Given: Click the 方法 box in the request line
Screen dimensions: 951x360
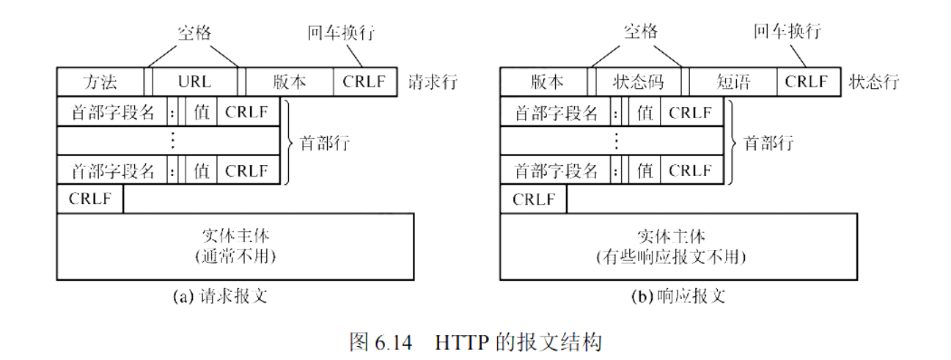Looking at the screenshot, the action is point(100,81).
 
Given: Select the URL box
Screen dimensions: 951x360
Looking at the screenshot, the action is point(194,81).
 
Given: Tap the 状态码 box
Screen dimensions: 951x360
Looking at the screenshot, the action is point(637,81).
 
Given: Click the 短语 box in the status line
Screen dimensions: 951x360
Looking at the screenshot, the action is point(732,81).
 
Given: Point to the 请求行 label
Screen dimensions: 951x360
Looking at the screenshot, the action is point(432,81).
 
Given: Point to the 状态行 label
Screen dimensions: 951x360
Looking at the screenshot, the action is point(873,81).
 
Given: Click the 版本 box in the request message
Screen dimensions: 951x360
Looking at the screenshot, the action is point(289,81).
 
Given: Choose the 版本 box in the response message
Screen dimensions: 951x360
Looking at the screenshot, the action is point(543,81).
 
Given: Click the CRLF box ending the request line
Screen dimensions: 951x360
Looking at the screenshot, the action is point(364,81).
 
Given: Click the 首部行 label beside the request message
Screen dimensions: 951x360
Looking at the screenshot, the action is point(325,142).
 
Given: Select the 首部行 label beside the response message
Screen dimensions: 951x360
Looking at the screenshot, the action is point(768,142).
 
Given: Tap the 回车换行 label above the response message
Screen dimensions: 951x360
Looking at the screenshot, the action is point(787,32).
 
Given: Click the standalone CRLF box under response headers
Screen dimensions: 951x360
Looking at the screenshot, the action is point(533,199).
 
